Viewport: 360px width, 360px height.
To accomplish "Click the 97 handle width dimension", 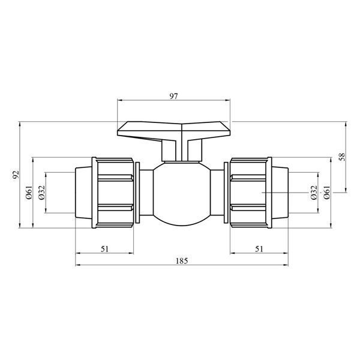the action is point(174,97).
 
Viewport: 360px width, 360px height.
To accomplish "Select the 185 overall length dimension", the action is point(182,261).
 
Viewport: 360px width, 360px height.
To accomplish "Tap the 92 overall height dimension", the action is point(16,175).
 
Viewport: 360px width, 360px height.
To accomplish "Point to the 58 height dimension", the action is point(343,157).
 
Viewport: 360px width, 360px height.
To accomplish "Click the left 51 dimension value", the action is point(104,249).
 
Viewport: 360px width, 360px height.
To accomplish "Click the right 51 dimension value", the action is point(259,249).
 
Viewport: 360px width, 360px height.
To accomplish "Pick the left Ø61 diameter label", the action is point(29,193).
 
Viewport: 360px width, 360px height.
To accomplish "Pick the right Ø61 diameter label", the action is point(327,193).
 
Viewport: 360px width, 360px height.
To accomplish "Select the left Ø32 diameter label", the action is point(42,193).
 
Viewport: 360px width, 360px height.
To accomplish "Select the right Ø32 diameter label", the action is point(314,193).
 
